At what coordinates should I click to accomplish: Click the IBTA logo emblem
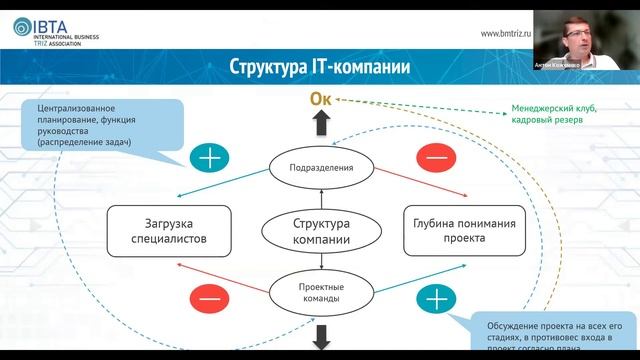tap(21, 29)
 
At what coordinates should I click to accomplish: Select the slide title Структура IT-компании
tap(320, 68)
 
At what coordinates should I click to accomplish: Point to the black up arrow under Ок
tap(321, 124)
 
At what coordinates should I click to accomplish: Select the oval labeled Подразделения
tap(321, 167)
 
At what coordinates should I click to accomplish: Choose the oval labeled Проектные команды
tap(321, 291)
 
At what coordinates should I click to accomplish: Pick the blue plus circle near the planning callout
tap(210, 157)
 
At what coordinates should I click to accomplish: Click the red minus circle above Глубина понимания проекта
tap(431, 157)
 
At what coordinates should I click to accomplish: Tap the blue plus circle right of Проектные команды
tap(431, 298)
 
